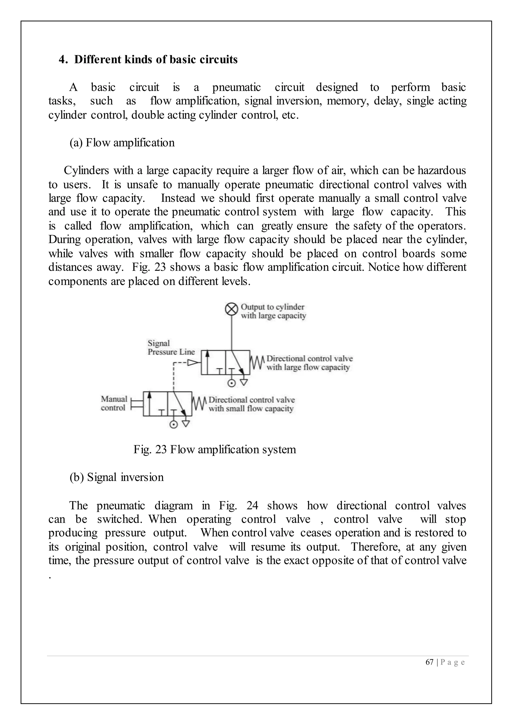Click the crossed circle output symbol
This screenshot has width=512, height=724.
pos(232,309)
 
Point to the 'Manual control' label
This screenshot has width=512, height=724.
pos(114,403)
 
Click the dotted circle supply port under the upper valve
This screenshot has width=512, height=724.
pos(232,383)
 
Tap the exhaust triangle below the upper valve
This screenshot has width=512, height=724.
pos(244,382)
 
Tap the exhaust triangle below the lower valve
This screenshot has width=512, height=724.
pos(186,424)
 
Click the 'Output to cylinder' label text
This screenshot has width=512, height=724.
pos(273,307)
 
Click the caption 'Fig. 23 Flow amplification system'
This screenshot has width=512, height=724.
pos(214,449)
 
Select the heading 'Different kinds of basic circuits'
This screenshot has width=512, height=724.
pos(156,59)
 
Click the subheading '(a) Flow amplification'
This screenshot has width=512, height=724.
pos(122,143)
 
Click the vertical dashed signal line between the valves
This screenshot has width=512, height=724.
pos(173,377)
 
